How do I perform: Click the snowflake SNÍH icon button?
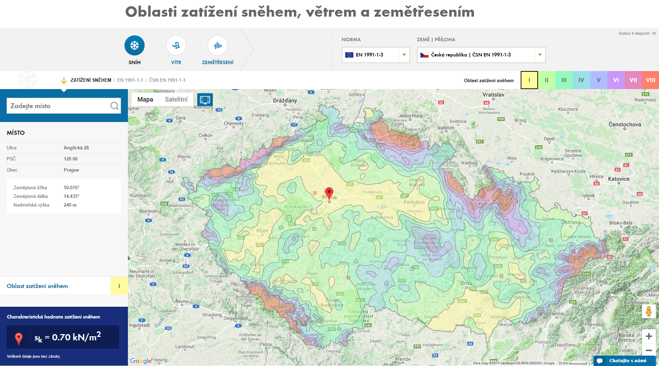tap(135, 46)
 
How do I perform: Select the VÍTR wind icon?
tap(176, 46)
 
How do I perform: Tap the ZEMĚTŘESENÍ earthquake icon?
tap(218, 46)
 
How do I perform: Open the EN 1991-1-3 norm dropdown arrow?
tap(404, 55)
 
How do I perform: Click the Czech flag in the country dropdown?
tap(424, 55)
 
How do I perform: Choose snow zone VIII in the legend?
tap(650, 80)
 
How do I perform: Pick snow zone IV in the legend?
tap(581, 80)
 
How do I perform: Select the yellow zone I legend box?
tap(529, 80)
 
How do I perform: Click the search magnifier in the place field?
tap(114, 106)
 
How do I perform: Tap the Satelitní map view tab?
tap(176, 99)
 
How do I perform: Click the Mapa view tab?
tap(145, 99)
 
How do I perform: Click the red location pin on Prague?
tap(329, 193)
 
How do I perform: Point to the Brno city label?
tap(466, 283)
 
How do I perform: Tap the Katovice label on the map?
tap(619, 179)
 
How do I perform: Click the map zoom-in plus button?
tap(649, 336)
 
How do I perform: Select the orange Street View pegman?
tap(649, 311)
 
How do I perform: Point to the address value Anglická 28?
tap(76, 148)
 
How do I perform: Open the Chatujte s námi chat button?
tap(624, 360)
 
